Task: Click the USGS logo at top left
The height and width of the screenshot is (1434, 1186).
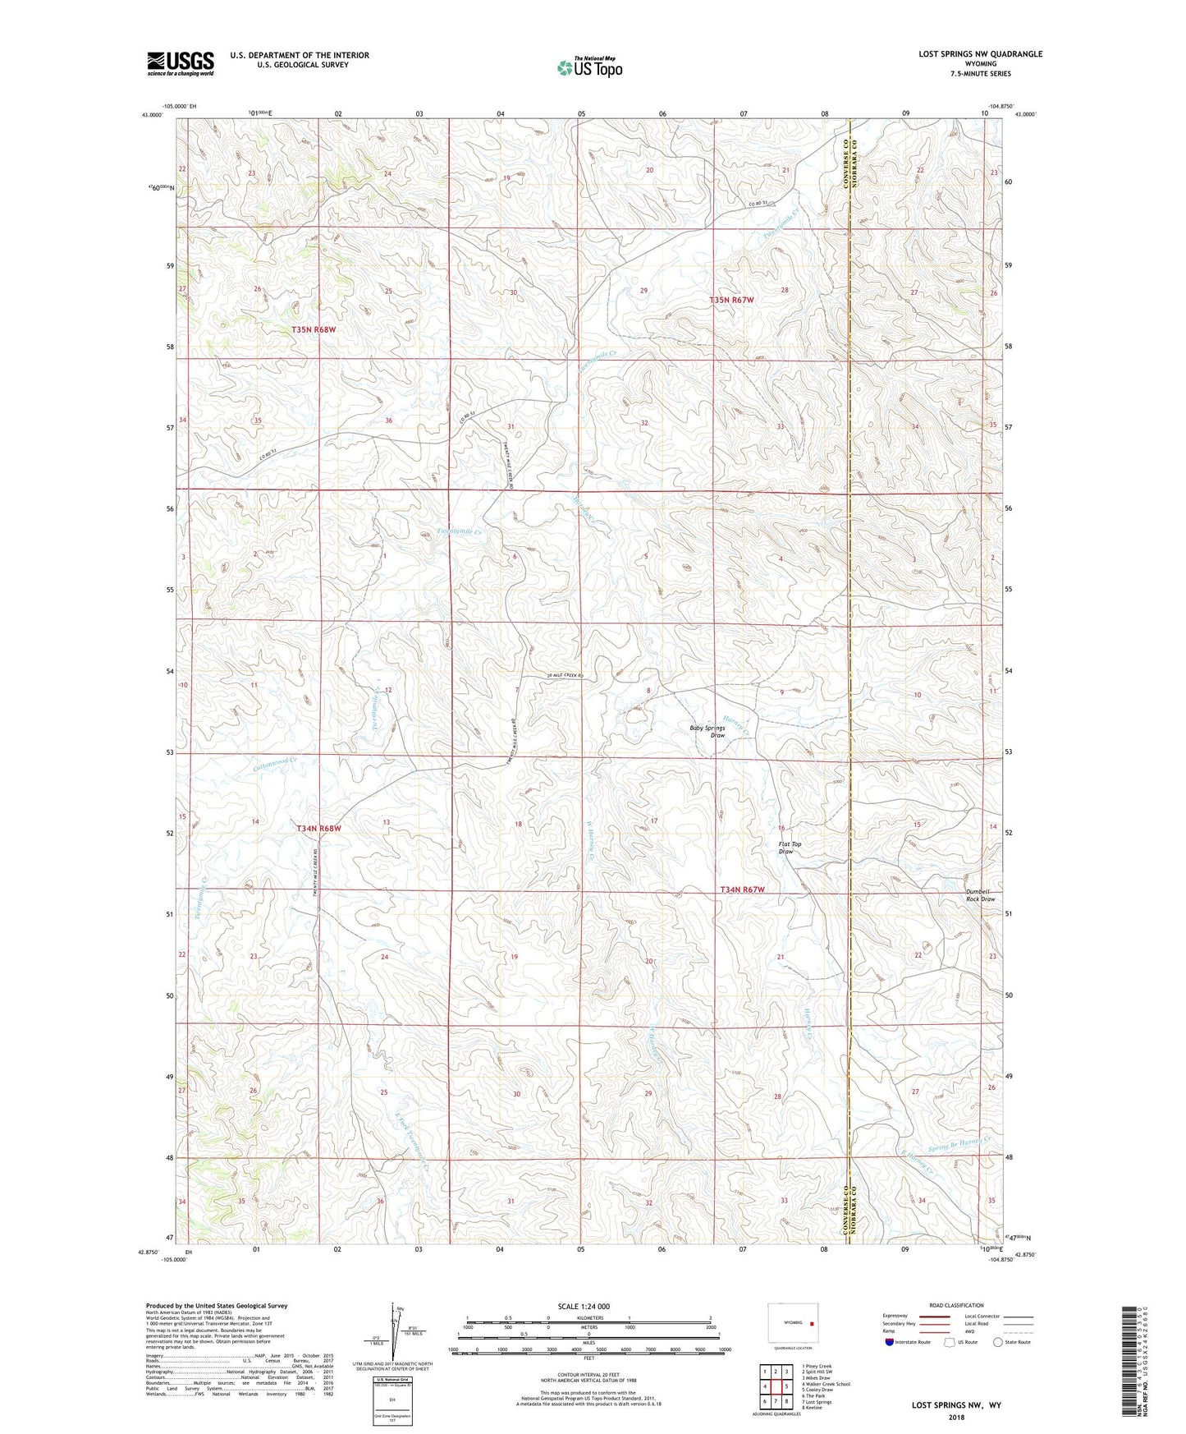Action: tap(181, 63)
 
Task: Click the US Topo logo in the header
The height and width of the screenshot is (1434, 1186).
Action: tap(588, 67)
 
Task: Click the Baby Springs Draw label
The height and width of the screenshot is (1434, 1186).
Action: tap(707, 732)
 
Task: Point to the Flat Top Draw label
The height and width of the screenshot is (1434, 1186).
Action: tap(790, 848)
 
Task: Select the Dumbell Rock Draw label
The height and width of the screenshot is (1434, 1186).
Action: tap(980, 895)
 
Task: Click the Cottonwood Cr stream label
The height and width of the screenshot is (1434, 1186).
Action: tap(274, 763)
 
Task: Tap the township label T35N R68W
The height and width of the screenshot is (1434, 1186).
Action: tap(314, 329)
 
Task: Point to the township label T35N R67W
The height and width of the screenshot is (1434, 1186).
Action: tap(730, 301)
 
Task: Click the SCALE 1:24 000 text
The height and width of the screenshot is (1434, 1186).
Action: tap(584, 1307)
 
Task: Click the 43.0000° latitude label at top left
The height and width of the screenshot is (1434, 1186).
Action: tap(152, 115)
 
